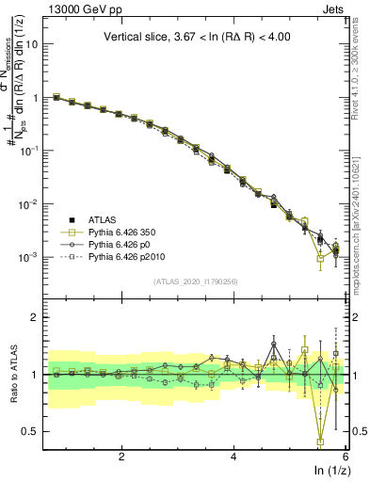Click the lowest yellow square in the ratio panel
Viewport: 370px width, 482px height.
[x=321, y=441]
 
